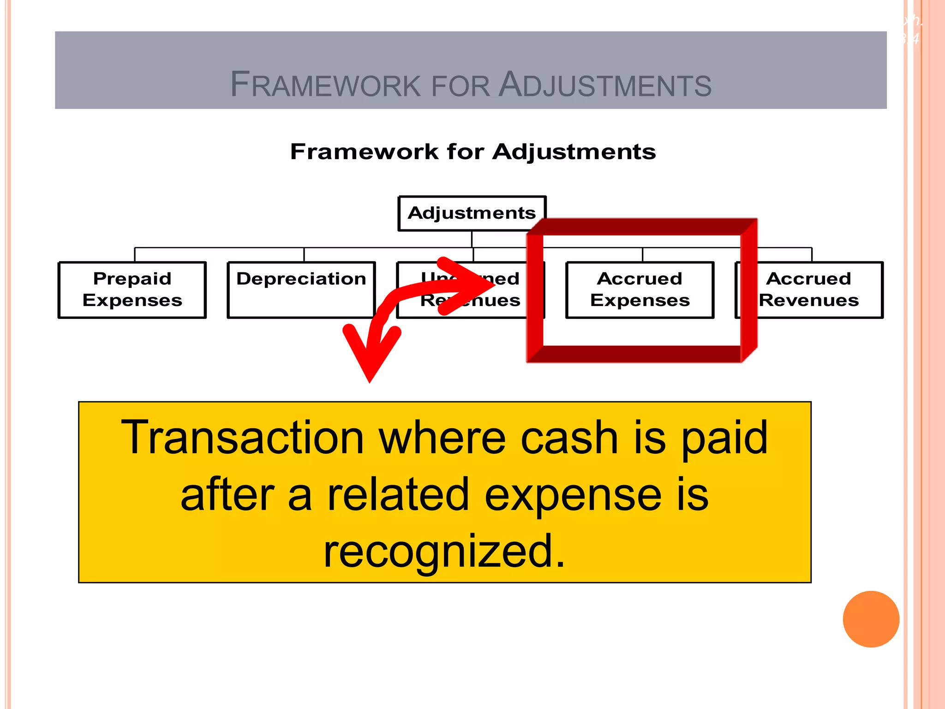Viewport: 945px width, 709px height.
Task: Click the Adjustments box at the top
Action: click(472, 213)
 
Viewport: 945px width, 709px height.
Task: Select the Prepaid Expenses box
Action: click(132, 289)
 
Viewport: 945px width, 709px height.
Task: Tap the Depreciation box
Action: click(301, 289)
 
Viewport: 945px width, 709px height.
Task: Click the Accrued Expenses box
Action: click(640, 289)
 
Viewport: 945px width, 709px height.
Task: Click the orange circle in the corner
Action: click(871, 619)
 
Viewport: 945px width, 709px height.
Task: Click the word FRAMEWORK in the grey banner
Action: click(325, 85)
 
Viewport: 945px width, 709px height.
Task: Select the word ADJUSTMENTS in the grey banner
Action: click(605, 85)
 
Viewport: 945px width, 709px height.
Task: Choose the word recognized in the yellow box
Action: click(444, 551)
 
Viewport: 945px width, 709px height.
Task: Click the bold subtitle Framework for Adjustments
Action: click(472, 151)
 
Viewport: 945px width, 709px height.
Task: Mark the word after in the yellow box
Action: click(227, 495)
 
